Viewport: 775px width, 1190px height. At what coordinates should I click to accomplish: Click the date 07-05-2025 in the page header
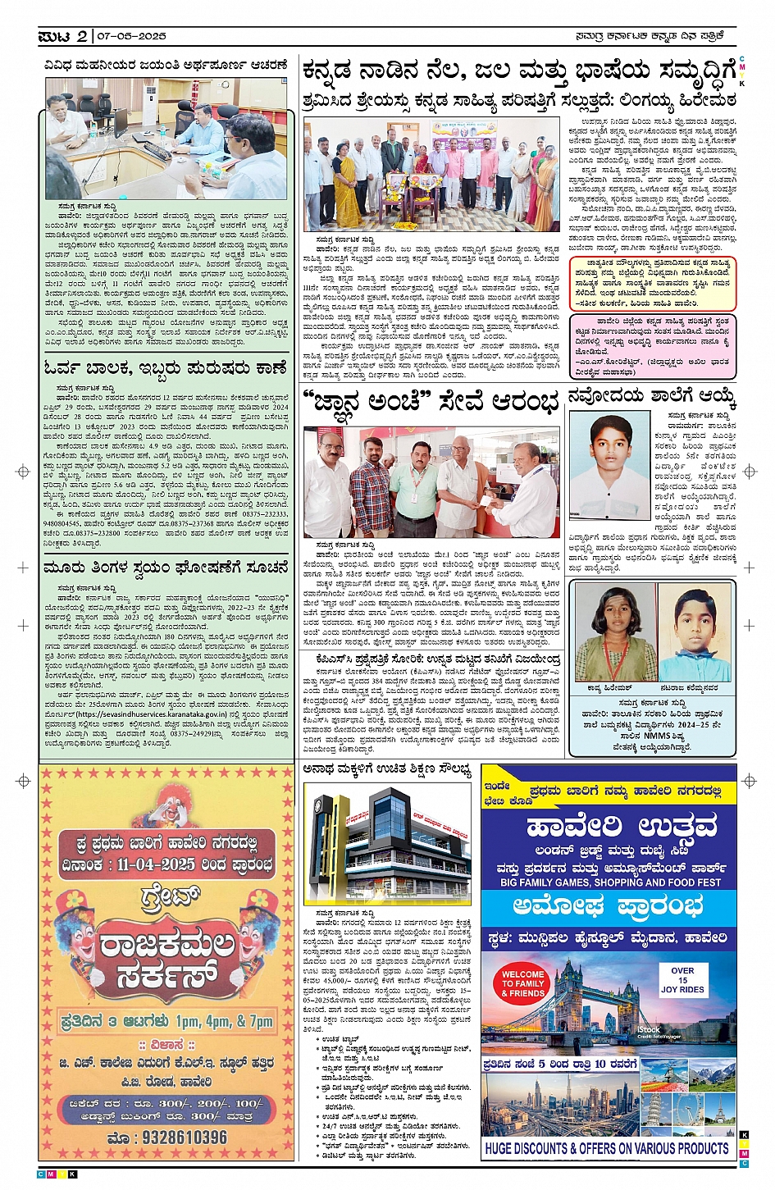(x=131, y=36)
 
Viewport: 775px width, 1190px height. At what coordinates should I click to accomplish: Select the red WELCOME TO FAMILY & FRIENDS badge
(x=522, y=983)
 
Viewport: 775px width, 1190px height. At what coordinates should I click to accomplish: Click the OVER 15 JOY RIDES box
(x=682, y=979)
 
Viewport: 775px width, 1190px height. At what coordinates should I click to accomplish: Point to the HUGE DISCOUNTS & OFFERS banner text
(x=607, y=1148)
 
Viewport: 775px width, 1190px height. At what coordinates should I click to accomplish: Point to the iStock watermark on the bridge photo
(x=649, y=1030)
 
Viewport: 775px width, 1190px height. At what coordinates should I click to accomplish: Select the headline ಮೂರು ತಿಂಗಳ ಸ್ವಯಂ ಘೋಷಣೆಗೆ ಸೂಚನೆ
(x=166, y=567)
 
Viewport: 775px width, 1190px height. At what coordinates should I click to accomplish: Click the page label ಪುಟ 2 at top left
(x=64, y=36)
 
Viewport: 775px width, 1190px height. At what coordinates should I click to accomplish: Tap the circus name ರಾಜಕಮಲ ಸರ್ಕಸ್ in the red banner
(x=166, y=958)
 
